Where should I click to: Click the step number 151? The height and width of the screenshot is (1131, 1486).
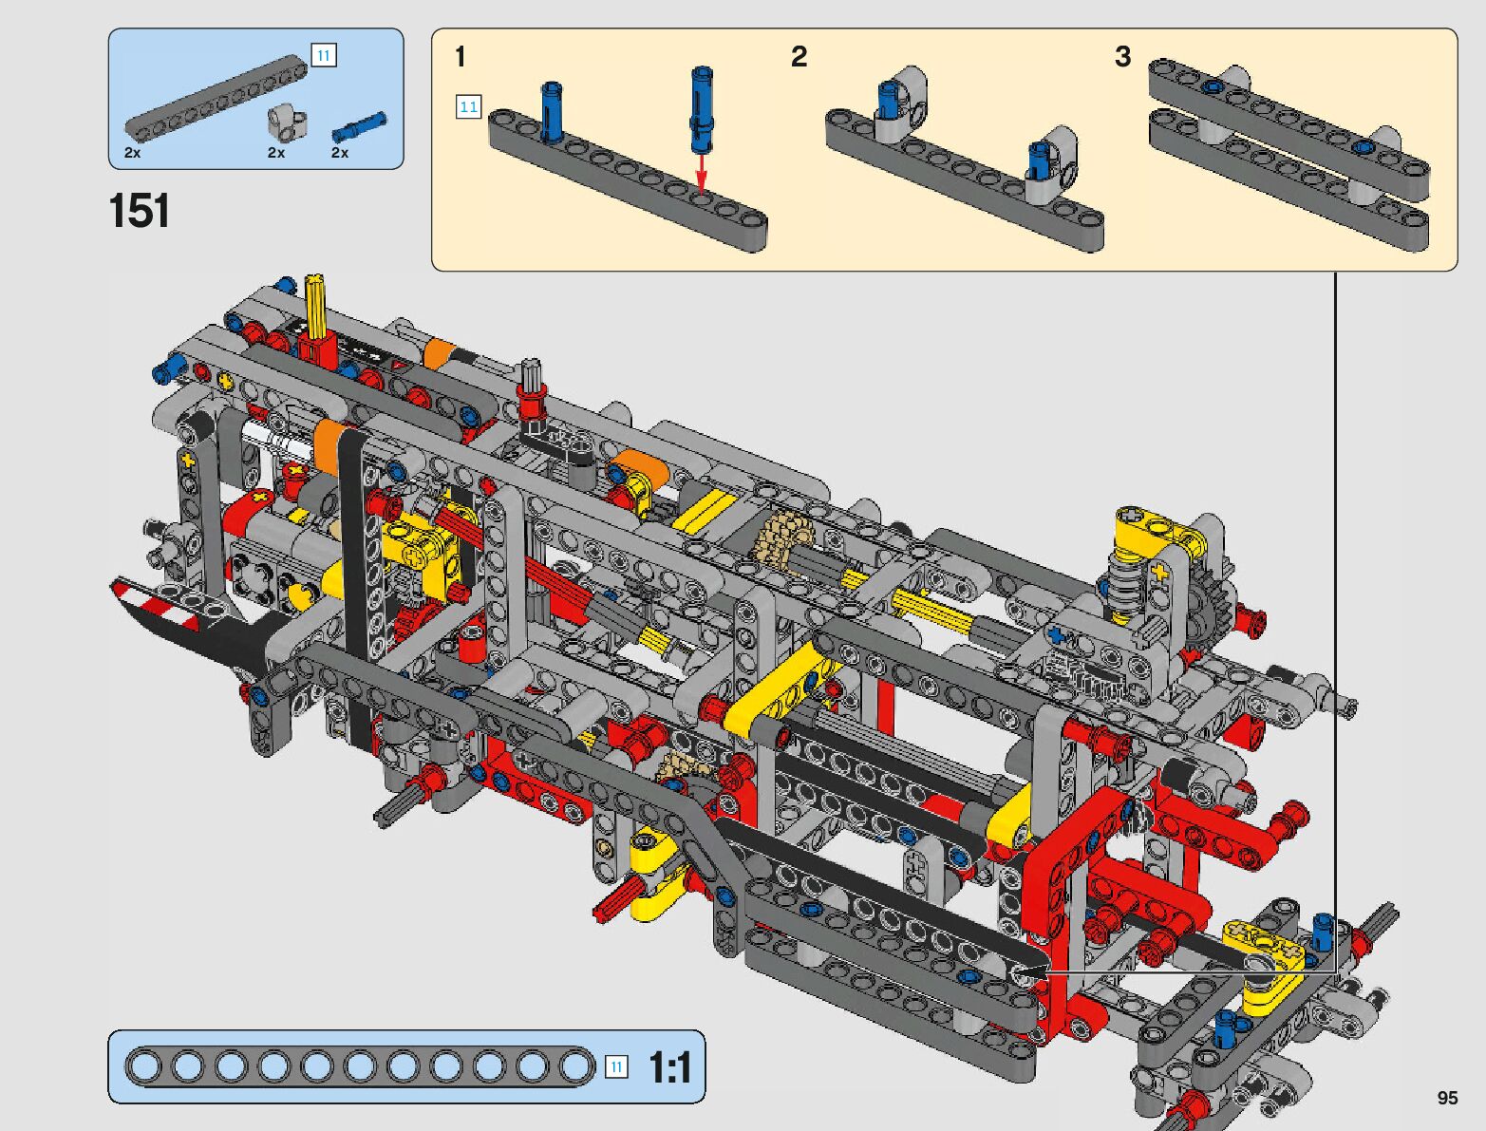139,211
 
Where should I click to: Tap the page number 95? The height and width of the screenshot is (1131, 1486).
1447,1097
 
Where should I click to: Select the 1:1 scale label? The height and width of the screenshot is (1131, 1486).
669,1067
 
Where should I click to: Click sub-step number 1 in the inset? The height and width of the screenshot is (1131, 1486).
461,57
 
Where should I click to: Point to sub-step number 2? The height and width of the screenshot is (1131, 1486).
799,57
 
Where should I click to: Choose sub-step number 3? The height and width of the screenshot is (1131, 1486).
1122,57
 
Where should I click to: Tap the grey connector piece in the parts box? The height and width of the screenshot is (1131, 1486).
287,123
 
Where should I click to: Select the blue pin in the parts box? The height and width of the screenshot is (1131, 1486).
360,126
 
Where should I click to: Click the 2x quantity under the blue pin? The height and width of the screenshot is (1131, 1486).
340,153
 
